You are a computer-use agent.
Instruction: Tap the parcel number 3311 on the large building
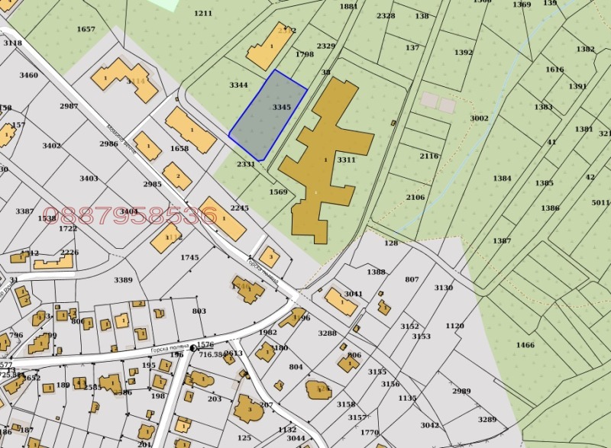346,160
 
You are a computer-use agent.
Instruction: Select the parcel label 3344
238,85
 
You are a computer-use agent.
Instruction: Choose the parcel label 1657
86,29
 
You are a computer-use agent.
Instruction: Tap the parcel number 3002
479,118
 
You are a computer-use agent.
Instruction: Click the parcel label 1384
502,179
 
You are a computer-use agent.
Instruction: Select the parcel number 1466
525,345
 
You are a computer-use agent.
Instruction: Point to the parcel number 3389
124,280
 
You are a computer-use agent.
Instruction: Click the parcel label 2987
69,106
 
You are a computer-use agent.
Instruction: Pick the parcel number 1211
203,13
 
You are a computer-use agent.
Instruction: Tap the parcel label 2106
415,197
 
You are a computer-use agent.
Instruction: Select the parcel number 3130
443,288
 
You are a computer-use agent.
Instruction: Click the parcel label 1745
189,257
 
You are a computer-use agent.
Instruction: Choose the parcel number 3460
28,75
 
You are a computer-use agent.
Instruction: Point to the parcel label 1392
463,53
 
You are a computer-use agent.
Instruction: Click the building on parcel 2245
224,218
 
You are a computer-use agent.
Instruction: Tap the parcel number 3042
429,425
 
